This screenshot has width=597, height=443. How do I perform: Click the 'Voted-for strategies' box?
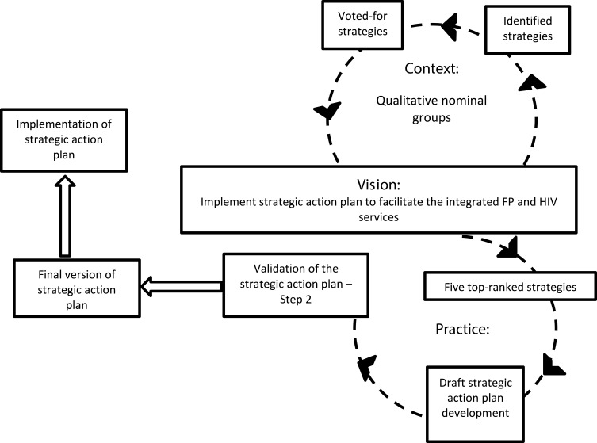point(362,25)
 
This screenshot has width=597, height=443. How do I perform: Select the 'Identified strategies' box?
point(527,29)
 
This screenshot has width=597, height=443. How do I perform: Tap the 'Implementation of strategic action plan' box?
point(64,140)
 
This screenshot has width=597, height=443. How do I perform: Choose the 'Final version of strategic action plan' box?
point(77,288)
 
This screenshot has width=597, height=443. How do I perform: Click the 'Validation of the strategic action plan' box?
point(296,285)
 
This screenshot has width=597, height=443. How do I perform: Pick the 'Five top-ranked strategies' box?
point(511,286)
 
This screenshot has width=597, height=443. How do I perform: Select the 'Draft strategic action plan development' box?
point(475,404)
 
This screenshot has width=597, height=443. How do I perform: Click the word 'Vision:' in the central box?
point(378,185)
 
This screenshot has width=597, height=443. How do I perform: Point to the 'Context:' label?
point(431,68)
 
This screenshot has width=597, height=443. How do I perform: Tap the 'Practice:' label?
point(462,329)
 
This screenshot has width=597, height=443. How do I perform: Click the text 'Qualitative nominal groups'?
point(431,109)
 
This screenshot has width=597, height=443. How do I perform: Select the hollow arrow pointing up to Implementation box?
point(65,216)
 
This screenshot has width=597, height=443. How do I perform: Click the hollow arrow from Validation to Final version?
point(182,286)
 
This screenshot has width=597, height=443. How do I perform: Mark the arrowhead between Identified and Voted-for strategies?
point(450,26)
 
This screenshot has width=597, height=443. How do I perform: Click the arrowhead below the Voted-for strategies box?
point(327,112)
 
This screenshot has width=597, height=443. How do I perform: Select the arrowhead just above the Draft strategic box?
point(553,365)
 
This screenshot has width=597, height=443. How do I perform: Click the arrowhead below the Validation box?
point(366,366)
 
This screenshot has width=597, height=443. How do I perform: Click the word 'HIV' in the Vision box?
point(549,201)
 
